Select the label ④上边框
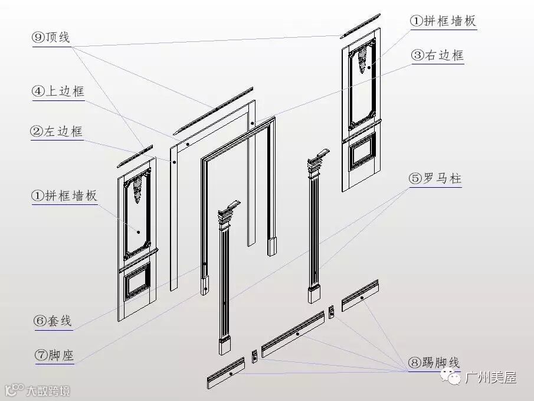(58, 91)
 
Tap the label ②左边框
(57, 131)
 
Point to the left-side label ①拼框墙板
(65, 196)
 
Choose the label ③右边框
(437, 56)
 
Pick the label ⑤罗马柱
(435, 178)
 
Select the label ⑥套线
(53, 321)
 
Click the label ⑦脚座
(54, 355)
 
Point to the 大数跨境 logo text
(47, 390)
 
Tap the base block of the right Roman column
(313, 294)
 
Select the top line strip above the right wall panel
(359, 25)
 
